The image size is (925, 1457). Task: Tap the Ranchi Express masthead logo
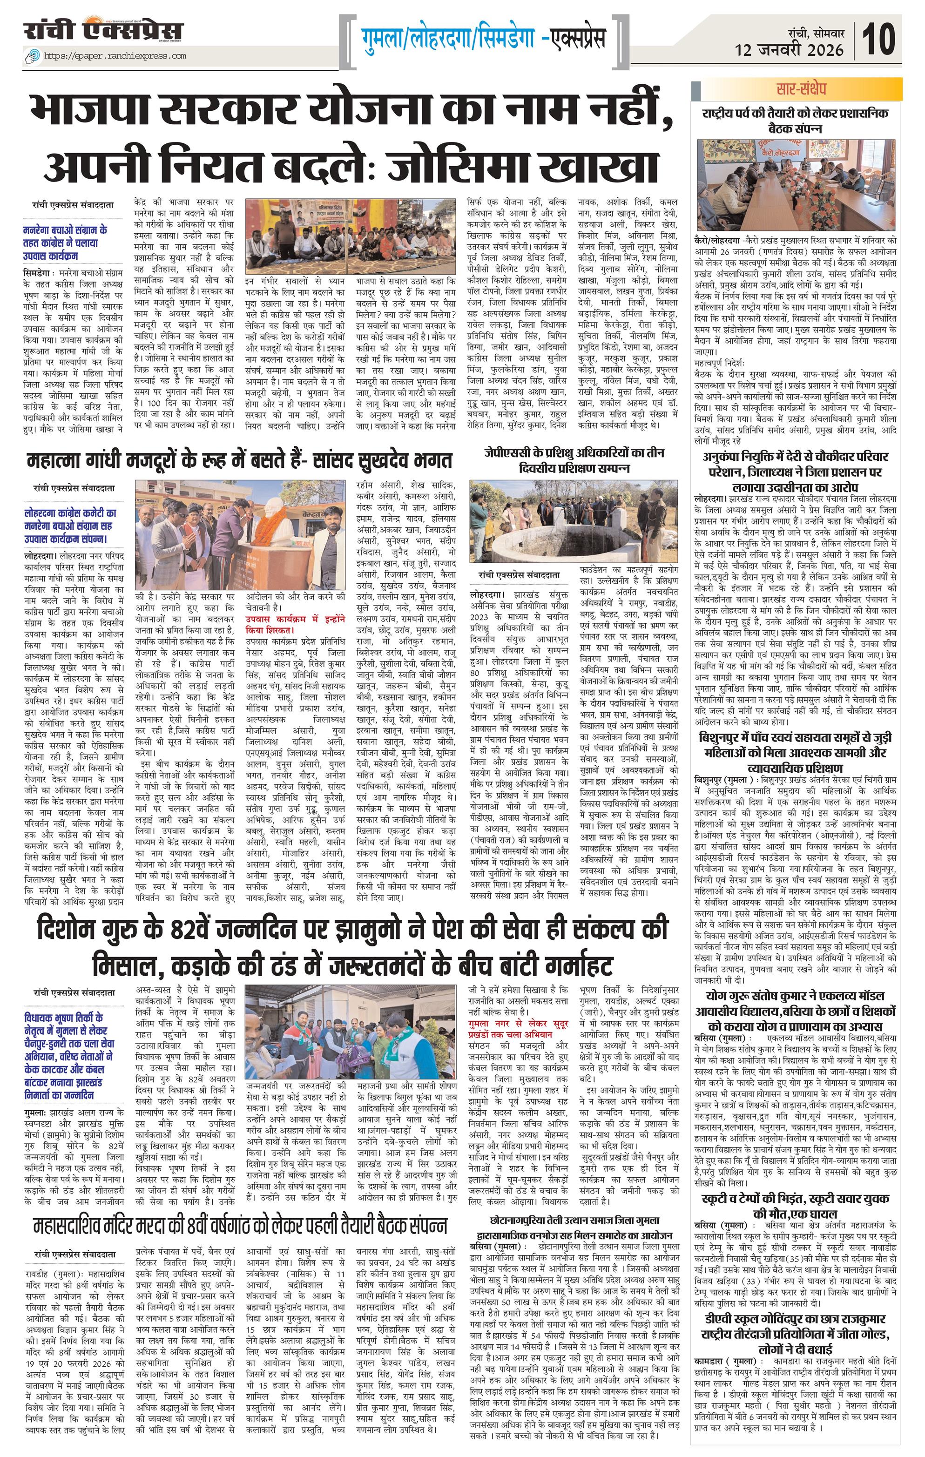(103, 30)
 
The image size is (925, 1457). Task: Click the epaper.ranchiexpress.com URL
(115, 56)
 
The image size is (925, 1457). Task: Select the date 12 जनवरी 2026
(790, 50)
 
